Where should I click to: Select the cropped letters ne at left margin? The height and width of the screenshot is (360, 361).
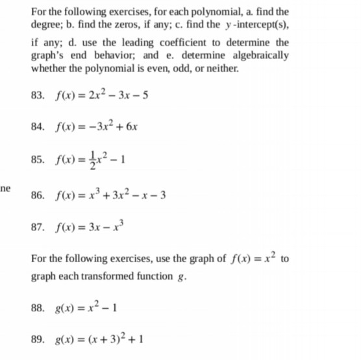(5, 187)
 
